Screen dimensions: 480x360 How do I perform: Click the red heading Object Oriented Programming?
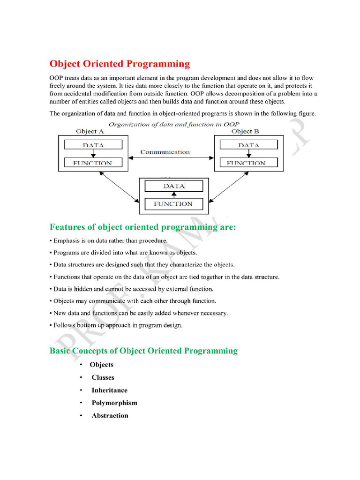point(120,64)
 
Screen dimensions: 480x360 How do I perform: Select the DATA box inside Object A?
point(93,145)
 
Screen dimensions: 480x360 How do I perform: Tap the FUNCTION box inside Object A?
point(93,163)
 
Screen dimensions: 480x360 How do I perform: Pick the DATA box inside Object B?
point(248,145)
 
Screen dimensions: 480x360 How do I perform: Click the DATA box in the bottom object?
point(174,186)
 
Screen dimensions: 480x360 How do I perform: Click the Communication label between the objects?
point(165,152)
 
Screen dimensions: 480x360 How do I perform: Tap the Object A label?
point(90,132)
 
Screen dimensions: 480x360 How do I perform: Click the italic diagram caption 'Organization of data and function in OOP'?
point(174,124)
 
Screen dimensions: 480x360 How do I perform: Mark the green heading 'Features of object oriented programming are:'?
point(143,227)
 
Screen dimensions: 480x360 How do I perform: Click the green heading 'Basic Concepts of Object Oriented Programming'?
point(143,351)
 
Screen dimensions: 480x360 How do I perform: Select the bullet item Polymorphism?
point(114,403)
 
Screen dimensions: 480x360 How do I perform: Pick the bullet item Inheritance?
point(109,390)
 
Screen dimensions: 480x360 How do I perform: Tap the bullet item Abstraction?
point(110,415)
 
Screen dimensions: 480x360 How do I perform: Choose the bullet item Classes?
point(103,377)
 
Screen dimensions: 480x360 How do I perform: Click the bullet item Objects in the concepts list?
point(102,365)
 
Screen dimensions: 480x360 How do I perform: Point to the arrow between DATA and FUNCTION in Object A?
point(93,154)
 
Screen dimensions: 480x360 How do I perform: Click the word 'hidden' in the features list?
point(80,289)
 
